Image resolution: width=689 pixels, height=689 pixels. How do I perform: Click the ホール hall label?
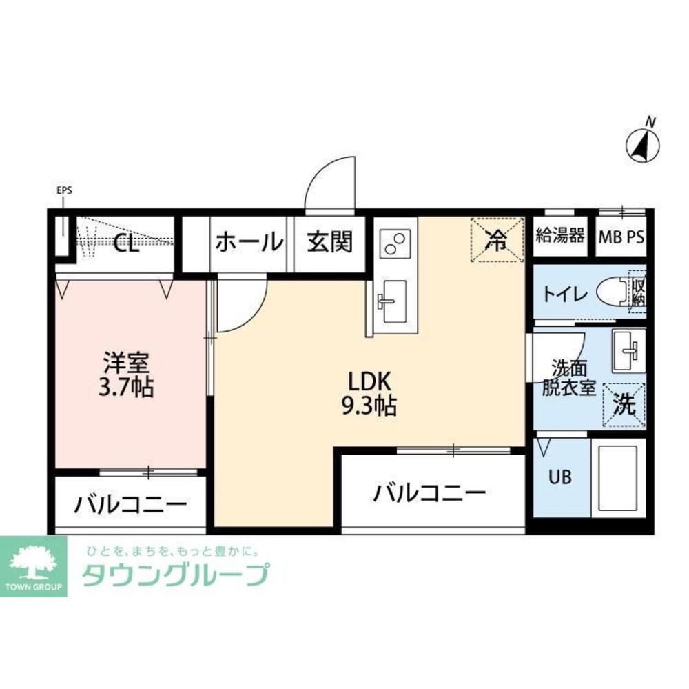[249, 242]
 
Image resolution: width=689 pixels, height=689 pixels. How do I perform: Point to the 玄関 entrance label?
[329, 242]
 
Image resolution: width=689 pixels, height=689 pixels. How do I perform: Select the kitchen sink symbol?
[391, 302]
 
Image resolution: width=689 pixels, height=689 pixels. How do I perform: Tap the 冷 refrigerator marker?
[497, 240]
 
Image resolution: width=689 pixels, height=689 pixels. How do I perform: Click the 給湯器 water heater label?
[560, 236]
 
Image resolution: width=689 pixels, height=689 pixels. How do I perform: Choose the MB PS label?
[621, 237]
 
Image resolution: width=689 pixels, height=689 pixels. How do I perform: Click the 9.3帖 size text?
[371, 406]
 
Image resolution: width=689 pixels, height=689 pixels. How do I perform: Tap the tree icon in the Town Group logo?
[33, 561]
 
